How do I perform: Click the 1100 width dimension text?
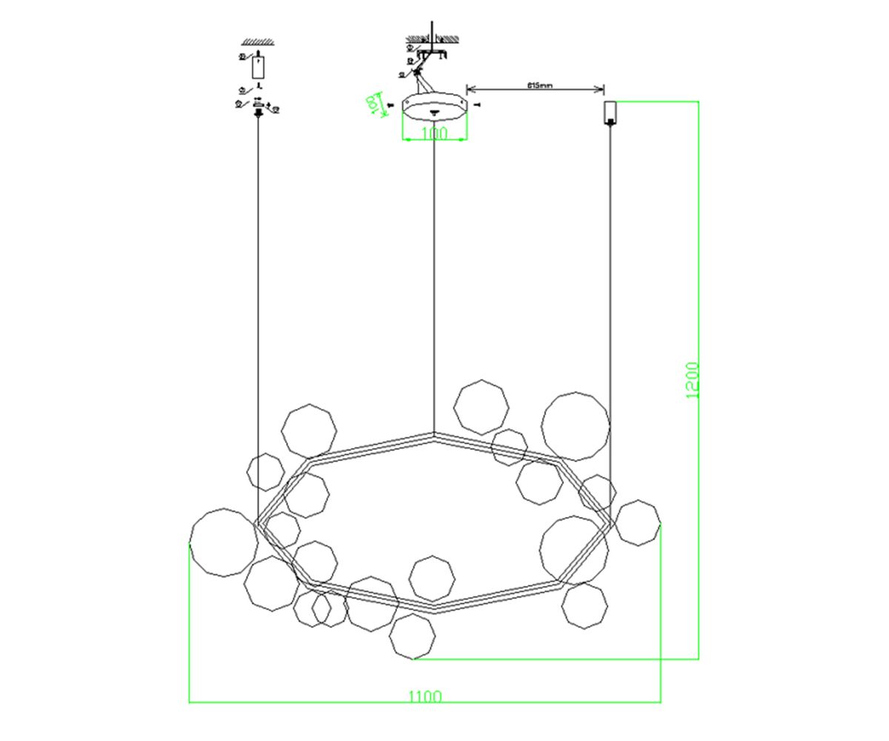coord(425,697)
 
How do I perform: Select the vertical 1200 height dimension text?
coord(692,380)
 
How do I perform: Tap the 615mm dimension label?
coord(540,85)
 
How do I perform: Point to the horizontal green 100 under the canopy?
coord(434,134)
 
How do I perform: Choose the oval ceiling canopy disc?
coord(435,107)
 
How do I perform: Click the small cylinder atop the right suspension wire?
coord(610,111)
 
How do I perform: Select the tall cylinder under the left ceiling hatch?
coord(257,67)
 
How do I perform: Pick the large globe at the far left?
coord(224,542)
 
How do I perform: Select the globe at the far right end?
coord(637,522)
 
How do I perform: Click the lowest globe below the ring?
coord(412,636)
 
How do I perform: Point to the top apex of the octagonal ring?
coord(434,434)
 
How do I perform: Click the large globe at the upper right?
coord(576,427)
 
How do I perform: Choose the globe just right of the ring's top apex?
coord(482,407)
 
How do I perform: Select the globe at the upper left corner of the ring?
coord(309,431)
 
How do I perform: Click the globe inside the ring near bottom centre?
coord(432,578)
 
